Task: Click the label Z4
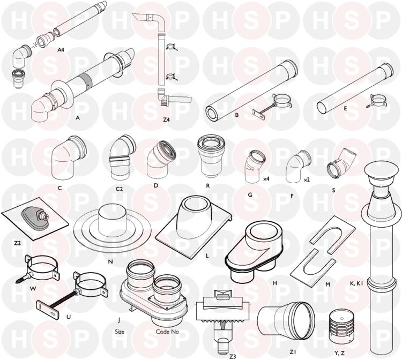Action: tap(166, 119)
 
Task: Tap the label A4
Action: tap(61, 50)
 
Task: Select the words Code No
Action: tap(167, 332)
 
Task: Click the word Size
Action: tap(120, 332)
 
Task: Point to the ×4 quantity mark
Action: tap(266, 179)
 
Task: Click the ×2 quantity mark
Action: tap(307, 180)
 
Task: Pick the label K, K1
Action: tap(356, 283)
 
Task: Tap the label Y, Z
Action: tap(339, 354)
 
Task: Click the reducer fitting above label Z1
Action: tap(286, 320)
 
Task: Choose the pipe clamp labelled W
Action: tap(39, 268)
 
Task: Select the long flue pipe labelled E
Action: tap(355, 88)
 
